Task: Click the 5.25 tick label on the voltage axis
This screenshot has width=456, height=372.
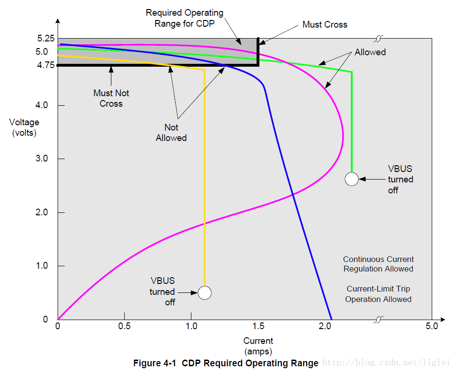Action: [46, 38]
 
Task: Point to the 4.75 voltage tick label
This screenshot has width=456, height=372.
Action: [46, 65]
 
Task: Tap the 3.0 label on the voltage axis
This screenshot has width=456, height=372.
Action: [41, 158]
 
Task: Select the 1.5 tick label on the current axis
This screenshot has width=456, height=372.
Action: [258, 326]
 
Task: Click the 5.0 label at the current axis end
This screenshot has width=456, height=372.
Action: [432, 326]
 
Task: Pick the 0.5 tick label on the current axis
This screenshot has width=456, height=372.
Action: [124, 326]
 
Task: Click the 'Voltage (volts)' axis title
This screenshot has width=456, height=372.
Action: [24, 128]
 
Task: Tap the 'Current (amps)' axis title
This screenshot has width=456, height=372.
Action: [258, 346]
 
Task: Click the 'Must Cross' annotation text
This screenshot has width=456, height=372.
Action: [325, 24]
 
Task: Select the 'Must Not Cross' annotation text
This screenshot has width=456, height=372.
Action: [111, 98]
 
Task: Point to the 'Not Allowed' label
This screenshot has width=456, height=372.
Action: [171, 132]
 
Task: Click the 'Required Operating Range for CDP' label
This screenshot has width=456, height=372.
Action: [184, 18]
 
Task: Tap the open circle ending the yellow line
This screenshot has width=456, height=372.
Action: [205, 293]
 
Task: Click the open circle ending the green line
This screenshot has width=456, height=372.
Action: [352, 179]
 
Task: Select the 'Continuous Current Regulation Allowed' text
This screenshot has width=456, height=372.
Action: [378, 264]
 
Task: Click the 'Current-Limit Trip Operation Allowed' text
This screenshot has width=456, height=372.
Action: [378, 294]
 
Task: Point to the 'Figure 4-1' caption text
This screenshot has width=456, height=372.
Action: [155, 363]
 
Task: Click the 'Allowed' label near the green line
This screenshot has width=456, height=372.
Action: [370, 52]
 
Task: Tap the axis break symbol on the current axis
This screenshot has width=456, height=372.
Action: [378, 319]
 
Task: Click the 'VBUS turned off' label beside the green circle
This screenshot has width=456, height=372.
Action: [400, 179]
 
